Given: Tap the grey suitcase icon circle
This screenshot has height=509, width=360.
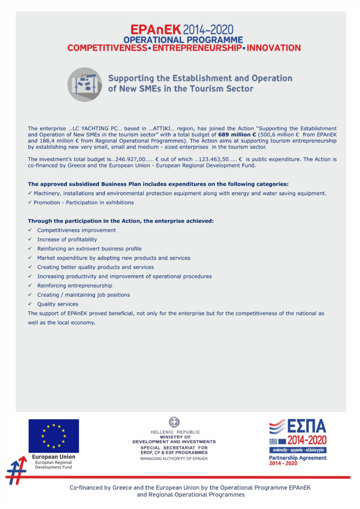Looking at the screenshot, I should (x=85, y=85).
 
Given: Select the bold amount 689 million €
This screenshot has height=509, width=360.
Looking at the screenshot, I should (x=237, y=134).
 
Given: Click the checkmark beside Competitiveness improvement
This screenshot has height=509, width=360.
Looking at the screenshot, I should (x=30, y=230).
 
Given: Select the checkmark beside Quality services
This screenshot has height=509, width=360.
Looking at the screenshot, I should (x=30, y=304).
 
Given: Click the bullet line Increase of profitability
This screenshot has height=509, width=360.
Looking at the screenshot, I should (x=67, y=239).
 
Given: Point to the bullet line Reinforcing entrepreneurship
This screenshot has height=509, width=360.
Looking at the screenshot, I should (x=75, y=285).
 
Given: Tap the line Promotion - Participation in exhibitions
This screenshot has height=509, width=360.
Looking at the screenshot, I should (x=84, y=202).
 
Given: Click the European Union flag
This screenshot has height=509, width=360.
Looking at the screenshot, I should (x=53, y=436).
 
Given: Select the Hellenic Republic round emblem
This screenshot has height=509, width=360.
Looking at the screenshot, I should (x=174, y=423).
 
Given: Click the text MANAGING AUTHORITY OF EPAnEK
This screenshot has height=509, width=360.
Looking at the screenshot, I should (x=174, y=458).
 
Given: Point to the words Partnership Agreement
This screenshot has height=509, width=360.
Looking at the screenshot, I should (x=298, y=458).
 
